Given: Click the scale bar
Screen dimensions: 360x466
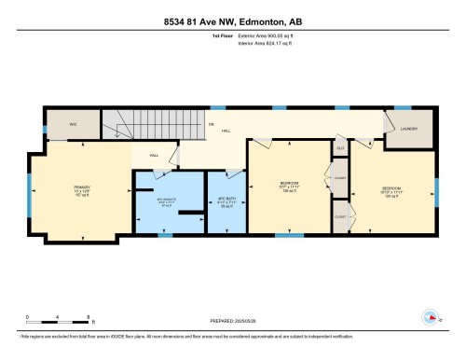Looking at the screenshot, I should (58, 323).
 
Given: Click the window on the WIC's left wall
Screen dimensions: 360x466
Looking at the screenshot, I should (44, 128).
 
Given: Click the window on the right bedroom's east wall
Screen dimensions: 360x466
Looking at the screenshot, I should (436, 191).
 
